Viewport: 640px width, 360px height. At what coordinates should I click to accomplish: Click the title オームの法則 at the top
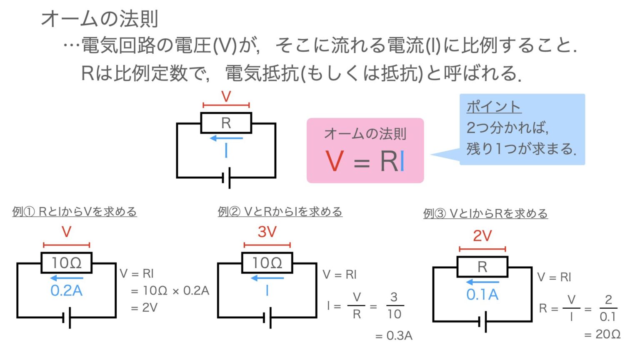(x=99, y=19)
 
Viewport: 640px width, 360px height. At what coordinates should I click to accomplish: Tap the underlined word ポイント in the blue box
(x=494, y=107)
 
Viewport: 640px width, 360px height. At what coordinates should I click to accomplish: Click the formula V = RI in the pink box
(x=365, y=161)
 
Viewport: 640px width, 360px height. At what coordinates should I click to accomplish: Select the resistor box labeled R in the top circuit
(x=226, y=123)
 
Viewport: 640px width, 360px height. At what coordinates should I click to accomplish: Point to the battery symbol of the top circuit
(x=227, y=178)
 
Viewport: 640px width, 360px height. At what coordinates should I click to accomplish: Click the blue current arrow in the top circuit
(x=226, y=138)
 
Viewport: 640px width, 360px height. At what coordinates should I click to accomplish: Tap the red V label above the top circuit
(x=226, y=97)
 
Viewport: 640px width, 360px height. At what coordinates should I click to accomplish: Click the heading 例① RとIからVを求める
(x=75, y=212)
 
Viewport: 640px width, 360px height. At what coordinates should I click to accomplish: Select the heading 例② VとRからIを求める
(x=280, y=212)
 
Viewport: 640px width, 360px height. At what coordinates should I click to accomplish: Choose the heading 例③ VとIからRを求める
(x=485, y=214)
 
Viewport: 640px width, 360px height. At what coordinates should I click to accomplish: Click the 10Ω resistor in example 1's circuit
(x=66, y=263)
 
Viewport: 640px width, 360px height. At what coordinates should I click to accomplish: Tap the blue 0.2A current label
(x=66, y=291)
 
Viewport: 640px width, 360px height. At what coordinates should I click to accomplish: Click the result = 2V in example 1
(x=144, y=308)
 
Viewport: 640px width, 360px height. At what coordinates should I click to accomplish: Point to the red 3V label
(x=267, y=232)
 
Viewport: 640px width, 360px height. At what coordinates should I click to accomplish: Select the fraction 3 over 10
(x=394, y=306)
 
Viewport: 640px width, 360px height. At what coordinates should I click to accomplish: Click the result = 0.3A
(x=394, y=335)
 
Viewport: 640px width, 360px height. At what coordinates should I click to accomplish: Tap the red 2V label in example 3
(x=482, y=236)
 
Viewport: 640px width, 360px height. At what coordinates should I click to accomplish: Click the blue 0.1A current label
(x=482, y=295)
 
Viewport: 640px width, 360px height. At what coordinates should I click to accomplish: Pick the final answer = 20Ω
(x=602, y=334)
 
